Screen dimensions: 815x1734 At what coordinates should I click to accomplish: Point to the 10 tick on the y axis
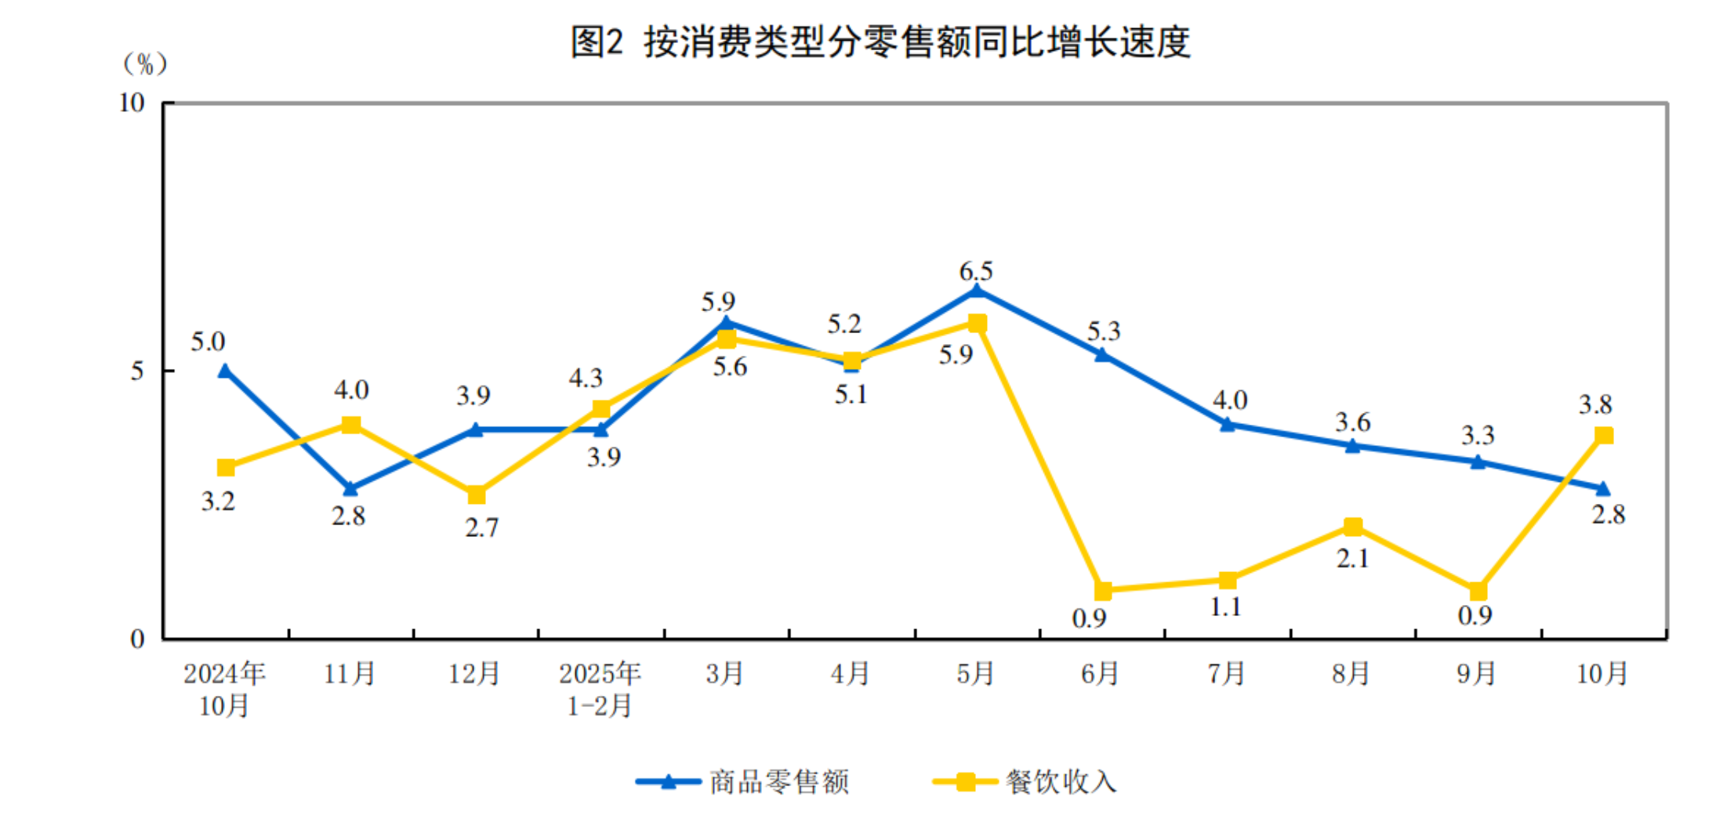tap(132, 103)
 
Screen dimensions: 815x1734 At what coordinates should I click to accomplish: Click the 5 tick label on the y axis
tap(138, 371)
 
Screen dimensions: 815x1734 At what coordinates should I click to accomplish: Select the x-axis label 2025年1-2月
tap(600, 689)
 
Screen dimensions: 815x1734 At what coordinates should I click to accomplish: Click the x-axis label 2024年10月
tap(224, 689)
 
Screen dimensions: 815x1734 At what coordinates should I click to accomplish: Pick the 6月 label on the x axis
tap(1100, 673)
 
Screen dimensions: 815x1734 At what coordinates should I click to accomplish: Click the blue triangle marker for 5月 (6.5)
tap(977, 292)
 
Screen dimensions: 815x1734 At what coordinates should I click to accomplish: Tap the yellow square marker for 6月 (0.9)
tap(1102, 590)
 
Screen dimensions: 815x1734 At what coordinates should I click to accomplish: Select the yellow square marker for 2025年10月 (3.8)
tap(1604, 435)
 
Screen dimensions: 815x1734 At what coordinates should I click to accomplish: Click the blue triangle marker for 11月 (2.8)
tap(350, 489)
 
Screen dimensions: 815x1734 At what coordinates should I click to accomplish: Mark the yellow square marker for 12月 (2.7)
tap(476, 494)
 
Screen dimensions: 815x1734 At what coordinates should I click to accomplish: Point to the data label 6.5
tap(976, 271)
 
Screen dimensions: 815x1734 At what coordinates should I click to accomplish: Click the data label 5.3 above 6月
tap(1104, 331)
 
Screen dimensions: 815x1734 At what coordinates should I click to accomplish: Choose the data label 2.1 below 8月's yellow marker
tap(1353, 558)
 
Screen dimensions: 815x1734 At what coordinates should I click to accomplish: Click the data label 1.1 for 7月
tap(1226, 607)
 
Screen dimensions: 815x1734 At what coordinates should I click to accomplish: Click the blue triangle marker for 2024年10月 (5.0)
tap(225, 371)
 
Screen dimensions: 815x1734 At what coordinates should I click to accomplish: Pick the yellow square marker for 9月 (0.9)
tap(1478, 590)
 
